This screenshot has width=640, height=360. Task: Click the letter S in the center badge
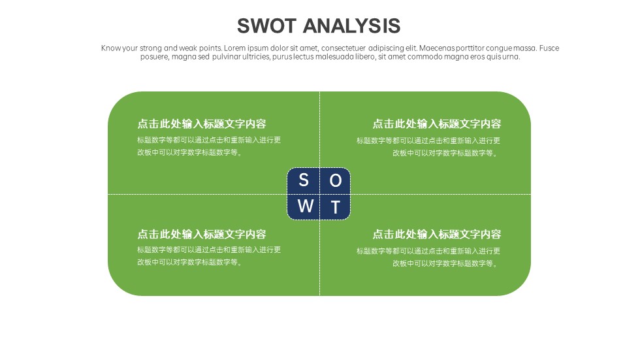[x=303, y=180]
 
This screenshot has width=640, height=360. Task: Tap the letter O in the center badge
[x=336, y=180]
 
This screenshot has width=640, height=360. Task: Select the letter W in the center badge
[x=306, y=206]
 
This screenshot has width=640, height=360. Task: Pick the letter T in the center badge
[x=336, y=207]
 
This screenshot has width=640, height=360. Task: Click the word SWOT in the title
[x=266, y=26]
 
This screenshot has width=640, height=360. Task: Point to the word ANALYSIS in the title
[x=351, y=26]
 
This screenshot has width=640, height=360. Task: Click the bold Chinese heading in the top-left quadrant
[x=202, y=123]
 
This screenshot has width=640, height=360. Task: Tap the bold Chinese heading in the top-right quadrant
[x=437, y=123]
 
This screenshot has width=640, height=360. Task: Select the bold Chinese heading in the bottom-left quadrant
[x=202, y=234]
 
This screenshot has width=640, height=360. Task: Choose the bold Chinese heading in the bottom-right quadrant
[x=437, y=234]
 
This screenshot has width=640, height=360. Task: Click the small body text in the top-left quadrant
[x=209, y=146]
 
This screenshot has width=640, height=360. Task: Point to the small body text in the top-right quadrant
[x=428, y=147]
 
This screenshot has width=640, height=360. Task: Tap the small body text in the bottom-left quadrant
[x=209, y=256]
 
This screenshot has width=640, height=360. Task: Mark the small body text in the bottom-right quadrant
[x=428, y=257]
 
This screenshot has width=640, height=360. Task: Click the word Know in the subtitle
[x=111, y=48]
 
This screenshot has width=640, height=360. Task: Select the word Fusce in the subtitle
[x=549, y=48]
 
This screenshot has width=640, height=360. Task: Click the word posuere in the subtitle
[x=154, y=57]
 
